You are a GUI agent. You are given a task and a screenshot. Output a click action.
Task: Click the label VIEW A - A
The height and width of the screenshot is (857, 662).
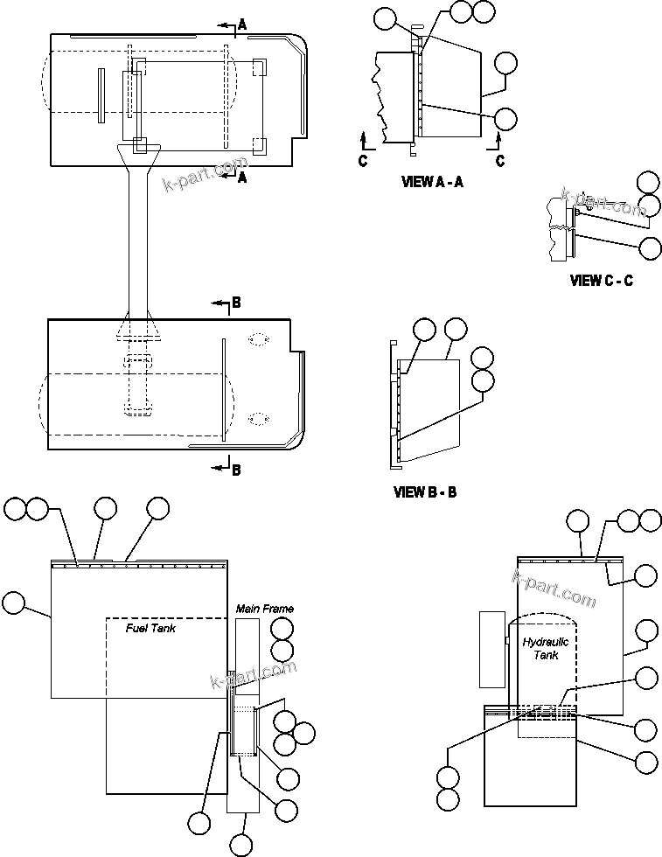431,182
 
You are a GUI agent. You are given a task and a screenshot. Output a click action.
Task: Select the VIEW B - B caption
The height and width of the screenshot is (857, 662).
425,492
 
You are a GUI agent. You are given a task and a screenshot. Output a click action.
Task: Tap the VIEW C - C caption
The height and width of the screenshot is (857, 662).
601,281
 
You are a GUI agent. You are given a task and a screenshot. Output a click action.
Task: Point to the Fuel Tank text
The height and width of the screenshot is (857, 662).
150,628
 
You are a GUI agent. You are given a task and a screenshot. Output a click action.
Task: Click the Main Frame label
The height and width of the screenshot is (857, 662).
264,608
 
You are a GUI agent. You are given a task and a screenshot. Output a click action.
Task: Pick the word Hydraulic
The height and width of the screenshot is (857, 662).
546,642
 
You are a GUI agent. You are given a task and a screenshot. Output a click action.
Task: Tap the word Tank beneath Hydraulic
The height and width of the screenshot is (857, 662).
546,655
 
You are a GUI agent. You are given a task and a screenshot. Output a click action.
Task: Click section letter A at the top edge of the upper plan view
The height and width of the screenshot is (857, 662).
242,25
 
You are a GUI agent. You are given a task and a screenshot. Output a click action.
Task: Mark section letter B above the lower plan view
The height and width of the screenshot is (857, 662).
235,303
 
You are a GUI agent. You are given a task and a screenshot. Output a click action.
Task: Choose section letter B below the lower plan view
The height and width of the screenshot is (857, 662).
235,470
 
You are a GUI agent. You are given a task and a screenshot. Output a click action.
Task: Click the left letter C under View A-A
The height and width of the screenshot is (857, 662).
363,161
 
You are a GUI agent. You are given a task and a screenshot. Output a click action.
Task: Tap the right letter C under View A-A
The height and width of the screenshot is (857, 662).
500,161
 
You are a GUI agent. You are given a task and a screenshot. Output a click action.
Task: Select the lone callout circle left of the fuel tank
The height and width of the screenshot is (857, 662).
14,602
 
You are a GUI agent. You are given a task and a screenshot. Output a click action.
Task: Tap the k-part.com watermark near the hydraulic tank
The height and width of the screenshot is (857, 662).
553,587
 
